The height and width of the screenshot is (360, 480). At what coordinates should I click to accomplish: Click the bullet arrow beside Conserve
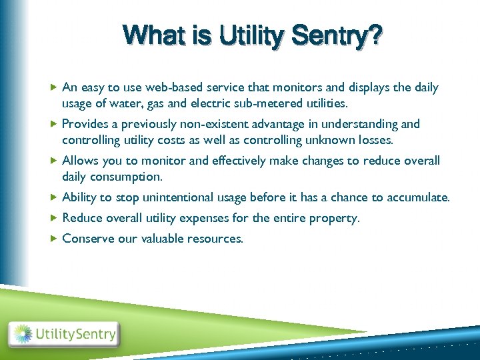(54, 238)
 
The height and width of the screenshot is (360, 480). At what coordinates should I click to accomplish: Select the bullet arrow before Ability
(54, 197)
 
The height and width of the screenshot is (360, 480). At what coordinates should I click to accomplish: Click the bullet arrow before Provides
(54, 124)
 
